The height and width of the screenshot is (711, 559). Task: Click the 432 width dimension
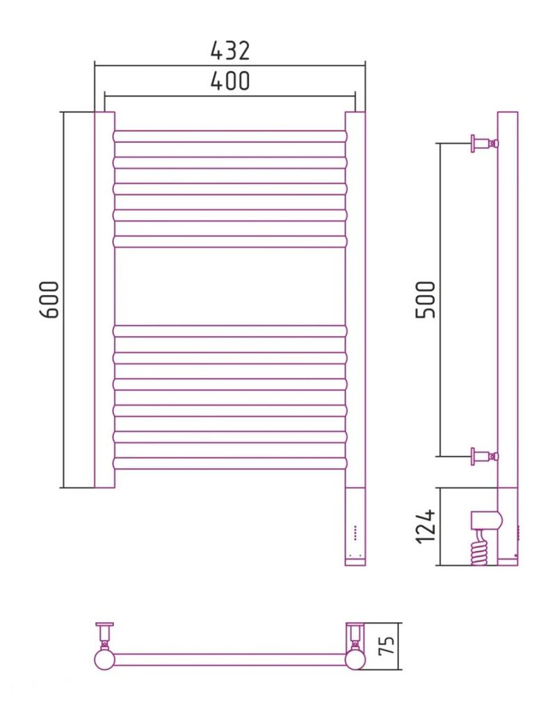tap(230, 50)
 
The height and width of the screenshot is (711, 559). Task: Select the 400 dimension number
tap(230, 81)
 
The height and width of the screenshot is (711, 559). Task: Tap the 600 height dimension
tap(50, 300)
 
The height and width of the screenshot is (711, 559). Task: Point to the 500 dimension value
tap(426, 300)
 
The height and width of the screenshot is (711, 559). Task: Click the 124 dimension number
tap(426, 526)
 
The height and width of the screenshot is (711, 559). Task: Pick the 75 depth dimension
tap(387, 645)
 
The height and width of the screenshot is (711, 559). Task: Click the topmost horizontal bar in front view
tap(229, 137)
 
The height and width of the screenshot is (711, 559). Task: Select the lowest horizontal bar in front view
tap(229, 463)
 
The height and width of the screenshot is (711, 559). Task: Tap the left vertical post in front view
tap(104, 300)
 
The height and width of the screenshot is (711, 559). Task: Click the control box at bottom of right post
tap(355, 527)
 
